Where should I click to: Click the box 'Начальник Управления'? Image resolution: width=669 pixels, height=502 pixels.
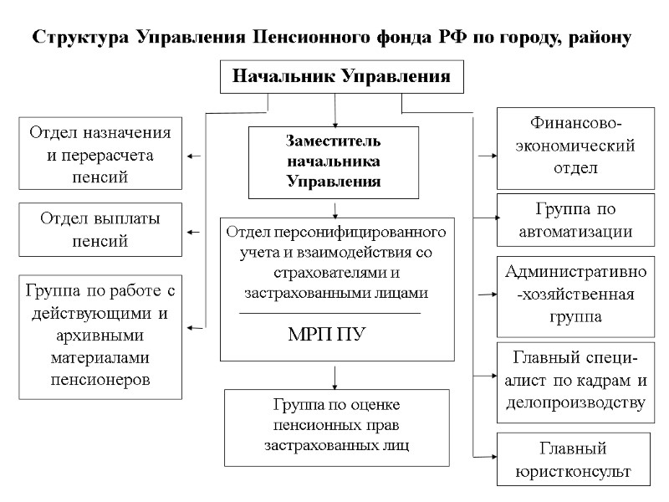(341, 77)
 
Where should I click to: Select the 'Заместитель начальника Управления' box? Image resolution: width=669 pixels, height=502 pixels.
(334, 161)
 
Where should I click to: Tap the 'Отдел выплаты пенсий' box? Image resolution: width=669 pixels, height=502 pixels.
(101, 230)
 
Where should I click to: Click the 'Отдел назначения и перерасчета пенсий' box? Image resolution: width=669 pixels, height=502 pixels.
(101, 154)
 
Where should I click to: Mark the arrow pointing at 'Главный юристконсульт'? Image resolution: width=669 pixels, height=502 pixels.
(485, 457)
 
